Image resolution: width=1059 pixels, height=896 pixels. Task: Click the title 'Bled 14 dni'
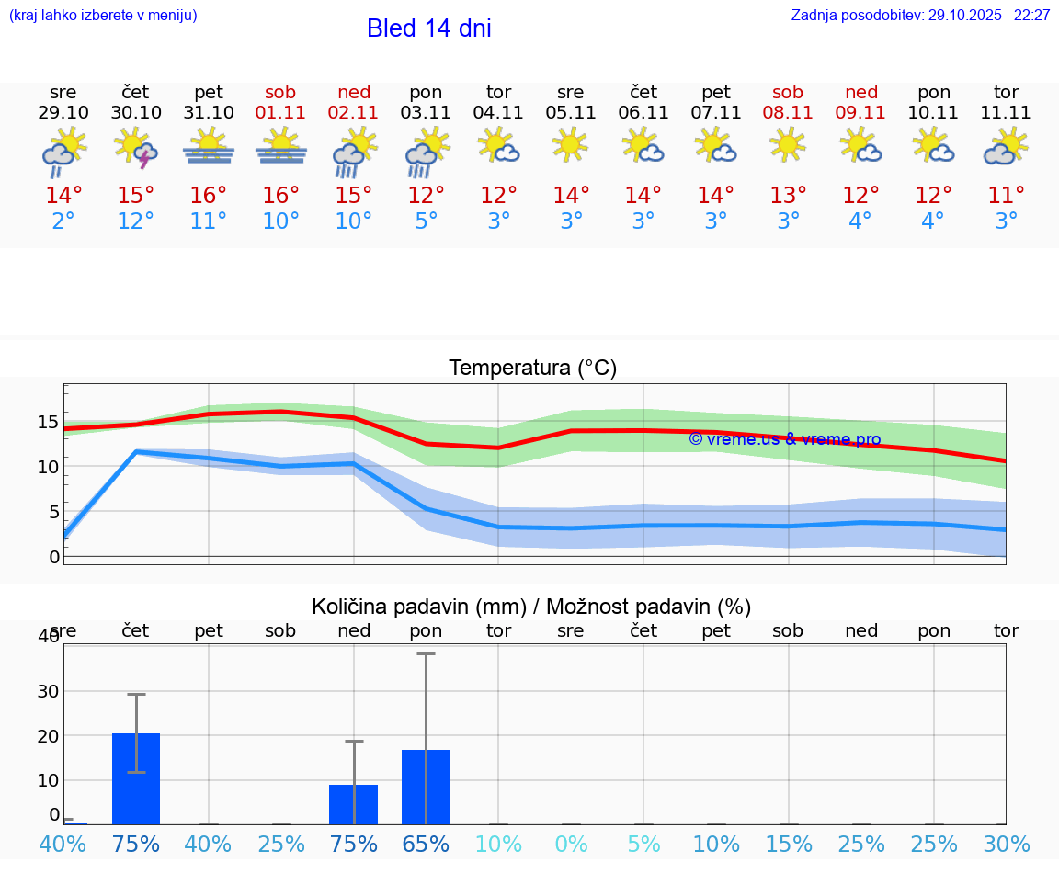(x=428, y=28)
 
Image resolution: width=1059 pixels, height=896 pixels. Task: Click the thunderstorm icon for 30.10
(x=136, y=148)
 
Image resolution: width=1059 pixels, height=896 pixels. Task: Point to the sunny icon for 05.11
(x=570, y=144)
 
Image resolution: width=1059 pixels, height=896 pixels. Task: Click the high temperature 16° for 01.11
(x=281, y=196)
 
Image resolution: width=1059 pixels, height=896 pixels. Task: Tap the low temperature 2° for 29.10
(x=63, y=221)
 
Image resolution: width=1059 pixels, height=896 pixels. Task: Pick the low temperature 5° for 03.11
(x=426, y=221)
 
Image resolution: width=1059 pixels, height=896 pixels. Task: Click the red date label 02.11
(x=354, y=112)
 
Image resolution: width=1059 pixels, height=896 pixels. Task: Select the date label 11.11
(x=1006, y=112)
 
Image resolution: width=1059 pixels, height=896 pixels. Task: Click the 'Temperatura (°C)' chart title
(x=532, y=369)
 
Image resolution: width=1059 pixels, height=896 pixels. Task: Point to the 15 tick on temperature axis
(x=48, y=423)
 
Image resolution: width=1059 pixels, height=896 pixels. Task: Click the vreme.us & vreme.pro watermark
(x=785, y=439)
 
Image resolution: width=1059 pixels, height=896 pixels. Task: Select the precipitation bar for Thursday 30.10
(x=136, y=778)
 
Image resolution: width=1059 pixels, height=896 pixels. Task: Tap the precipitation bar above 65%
(x=426, y=787)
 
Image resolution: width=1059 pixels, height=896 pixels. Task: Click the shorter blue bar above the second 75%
(x=354, y=804)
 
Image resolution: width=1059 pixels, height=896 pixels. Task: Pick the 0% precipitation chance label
(x=571, y=844)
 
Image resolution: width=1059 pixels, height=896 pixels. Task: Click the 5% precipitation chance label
(x=643, y=844)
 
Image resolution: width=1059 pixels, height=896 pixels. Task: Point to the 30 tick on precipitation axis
(x=48, y=691)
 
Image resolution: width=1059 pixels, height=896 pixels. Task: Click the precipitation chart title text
(x=530, y=607)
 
